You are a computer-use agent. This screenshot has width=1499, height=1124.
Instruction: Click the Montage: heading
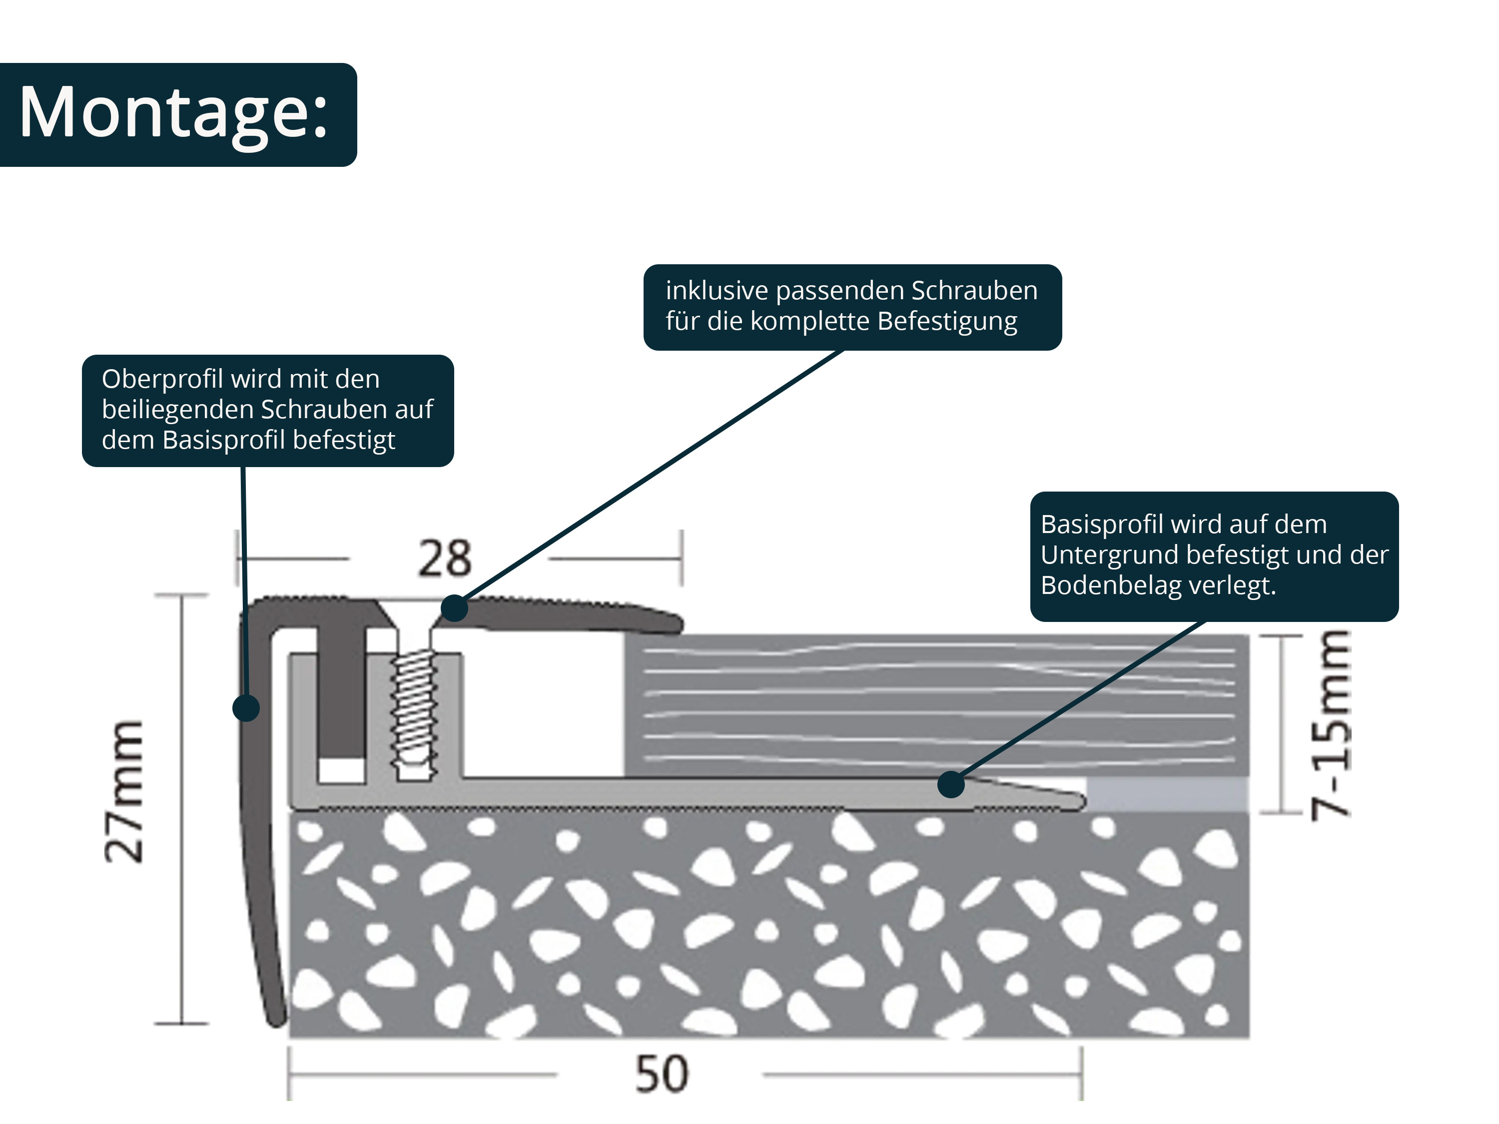tap(173, 112)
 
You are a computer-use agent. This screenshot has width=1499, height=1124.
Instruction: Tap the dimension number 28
tap(445, 559)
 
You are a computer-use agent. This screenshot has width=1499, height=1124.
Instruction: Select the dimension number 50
tap(662, 1075)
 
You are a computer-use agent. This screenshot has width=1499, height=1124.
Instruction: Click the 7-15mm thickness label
tap(1330, 725)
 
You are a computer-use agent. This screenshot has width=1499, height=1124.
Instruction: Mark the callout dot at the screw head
tap(454, 608)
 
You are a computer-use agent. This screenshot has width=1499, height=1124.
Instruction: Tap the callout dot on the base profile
tap(951, 785)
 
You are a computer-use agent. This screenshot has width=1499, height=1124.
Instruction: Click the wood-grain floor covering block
tap(935, 704)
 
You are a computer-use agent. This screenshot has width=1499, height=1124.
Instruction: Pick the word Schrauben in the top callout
tap(974, 291)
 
